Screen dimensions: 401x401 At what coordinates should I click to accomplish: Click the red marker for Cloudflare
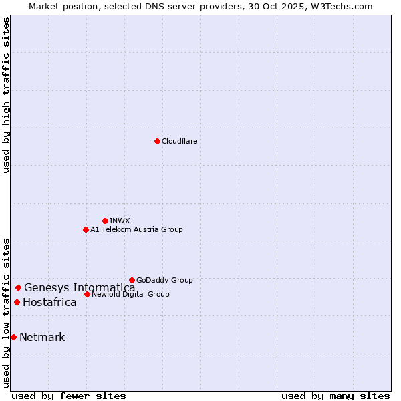(157, 141)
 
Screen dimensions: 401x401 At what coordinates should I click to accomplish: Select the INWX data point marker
(105, 221)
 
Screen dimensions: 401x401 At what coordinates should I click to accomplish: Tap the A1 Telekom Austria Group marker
(86, 229)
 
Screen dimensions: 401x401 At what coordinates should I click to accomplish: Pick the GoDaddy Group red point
(132, 280)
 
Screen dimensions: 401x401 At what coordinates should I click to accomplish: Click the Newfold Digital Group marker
(87, 294)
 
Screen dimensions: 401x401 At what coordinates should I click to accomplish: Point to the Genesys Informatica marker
(18, 288)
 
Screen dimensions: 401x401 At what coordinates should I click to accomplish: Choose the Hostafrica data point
(17, 302)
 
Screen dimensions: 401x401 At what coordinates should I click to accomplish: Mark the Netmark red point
(13, 337)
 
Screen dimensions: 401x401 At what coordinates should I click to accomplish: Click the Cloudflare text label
(179, 141)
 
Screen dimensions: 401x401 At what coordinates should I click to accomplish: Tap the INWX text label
(120, 221)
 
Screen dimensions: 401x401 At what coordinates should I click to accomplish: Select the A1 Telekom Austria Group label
(136, 229)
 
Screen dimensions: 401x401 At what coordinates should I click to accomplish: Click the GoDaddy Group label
(164, 280)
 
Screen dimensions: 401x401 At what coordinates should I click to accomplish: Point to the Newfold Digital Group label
(130, 294)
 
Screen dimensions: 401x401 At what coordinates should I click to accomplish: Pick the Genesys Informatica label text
(80, 288)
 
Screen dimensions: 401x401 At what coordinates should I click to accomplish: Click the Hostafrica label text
(49, 302)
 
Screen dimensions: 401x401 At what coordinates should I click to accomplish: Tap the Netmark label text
(42, 337)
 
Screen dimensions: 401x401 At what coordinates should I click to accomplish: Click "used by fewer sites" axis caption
(69, 396)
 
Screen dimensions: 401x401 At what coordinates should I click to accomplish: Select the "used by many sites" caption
(336, 396)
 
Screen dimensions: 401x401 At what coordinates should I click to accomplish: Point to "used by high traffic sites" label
(7, 95)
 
